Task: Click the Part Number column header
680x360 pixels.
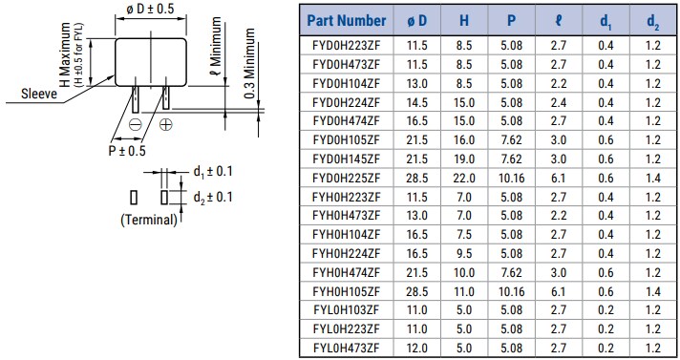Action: [x=347, y=19]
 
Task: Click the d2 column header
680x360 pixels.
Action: [x=651, y=19]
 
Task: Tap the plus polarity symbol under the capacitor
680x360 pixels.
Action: [x=165, y=124]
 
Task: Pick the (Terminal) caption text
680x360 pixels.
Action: [x=149, y=220]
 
